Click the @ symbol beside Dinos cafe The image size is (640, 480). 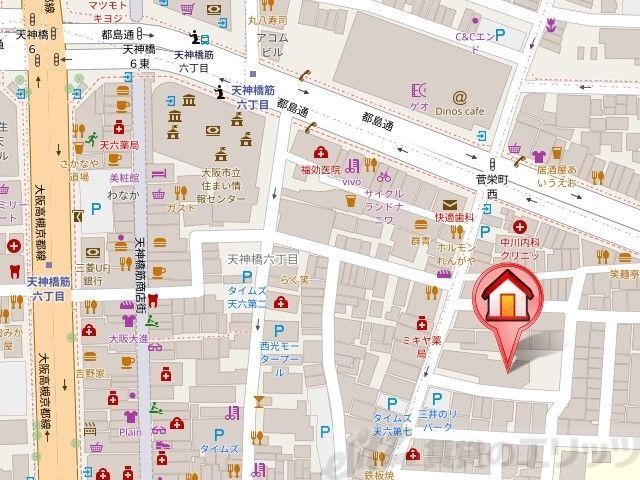459,97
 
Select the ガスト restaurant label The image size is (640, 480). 181,208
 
